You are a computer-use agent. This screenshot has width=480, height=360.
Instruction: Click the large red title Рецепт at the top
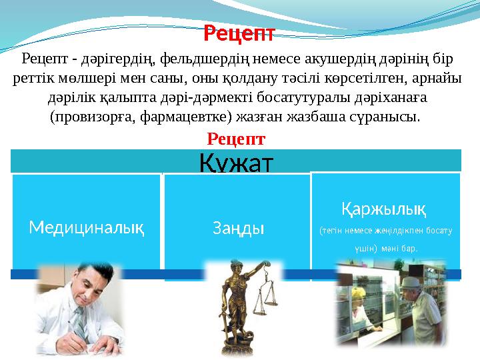click(239, 31)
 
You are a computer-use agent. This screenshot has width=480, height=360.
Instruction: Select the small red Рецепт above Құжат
click(237, 139)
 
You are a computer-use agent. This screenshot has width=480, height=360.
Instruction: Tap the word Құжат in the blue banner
click(237, 161)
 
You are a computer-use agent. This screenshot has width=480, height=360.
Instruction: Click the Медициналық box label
click(87, 227)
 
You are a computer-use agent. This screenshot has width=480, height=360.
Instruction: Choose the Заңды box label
click(238, 228)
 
